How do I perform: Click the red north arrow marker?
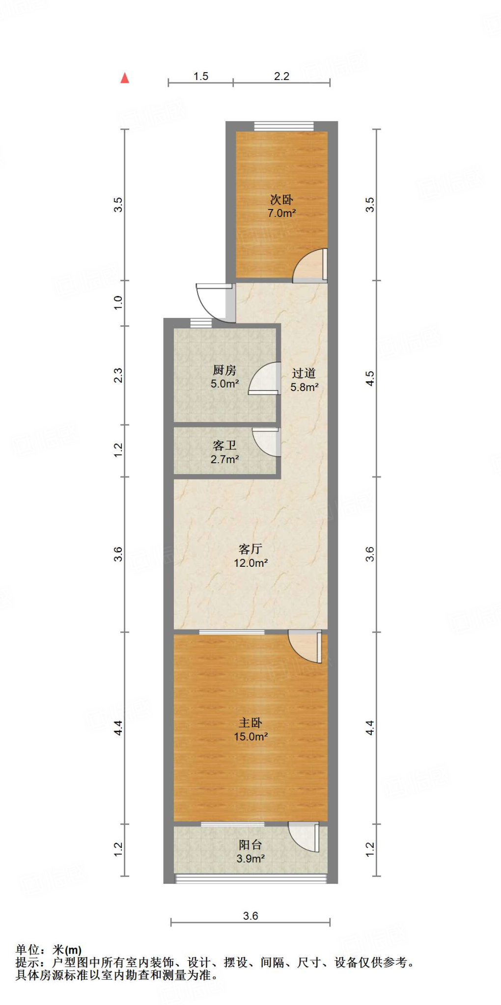[x=125, y=78]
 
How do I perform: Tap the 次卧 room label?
[x=281, y=200]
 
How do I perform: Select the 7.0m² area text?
[x=281, y=213]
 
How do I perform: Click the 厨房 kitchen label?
[x=224, y=370]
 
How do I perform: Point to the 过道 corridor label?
[x=304, y=373]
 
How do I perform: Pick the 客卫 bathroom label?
[x=224, y=446]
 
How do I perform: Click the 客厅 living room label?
[x=250, y=549]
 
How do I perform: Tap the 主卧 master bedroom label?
[x=250, y=723]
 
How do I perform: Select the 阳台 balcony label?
[x=250, y=845]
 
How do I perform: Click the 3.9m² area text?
[x=250, y=858]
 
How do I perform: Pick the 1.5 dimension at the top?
[x=201, y=77]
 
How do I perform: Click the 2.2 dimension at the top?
[x=281, y=77]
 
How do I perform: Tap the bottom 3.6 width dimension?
[x=250, y=916]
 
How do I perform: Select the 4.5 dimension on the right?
[x=370, y=378]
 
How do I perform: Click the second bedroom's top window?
[x=284, y=126]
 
